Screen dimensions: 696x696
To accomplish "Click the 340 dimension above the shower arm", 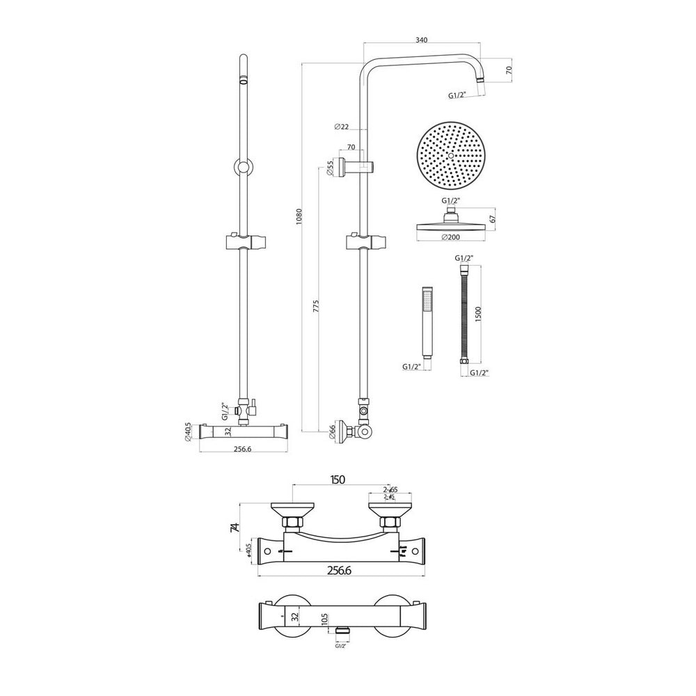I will click(x=421, y=40).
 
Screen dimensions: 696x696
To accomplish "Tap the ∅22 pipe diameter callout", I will click(x=341, y=126).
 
